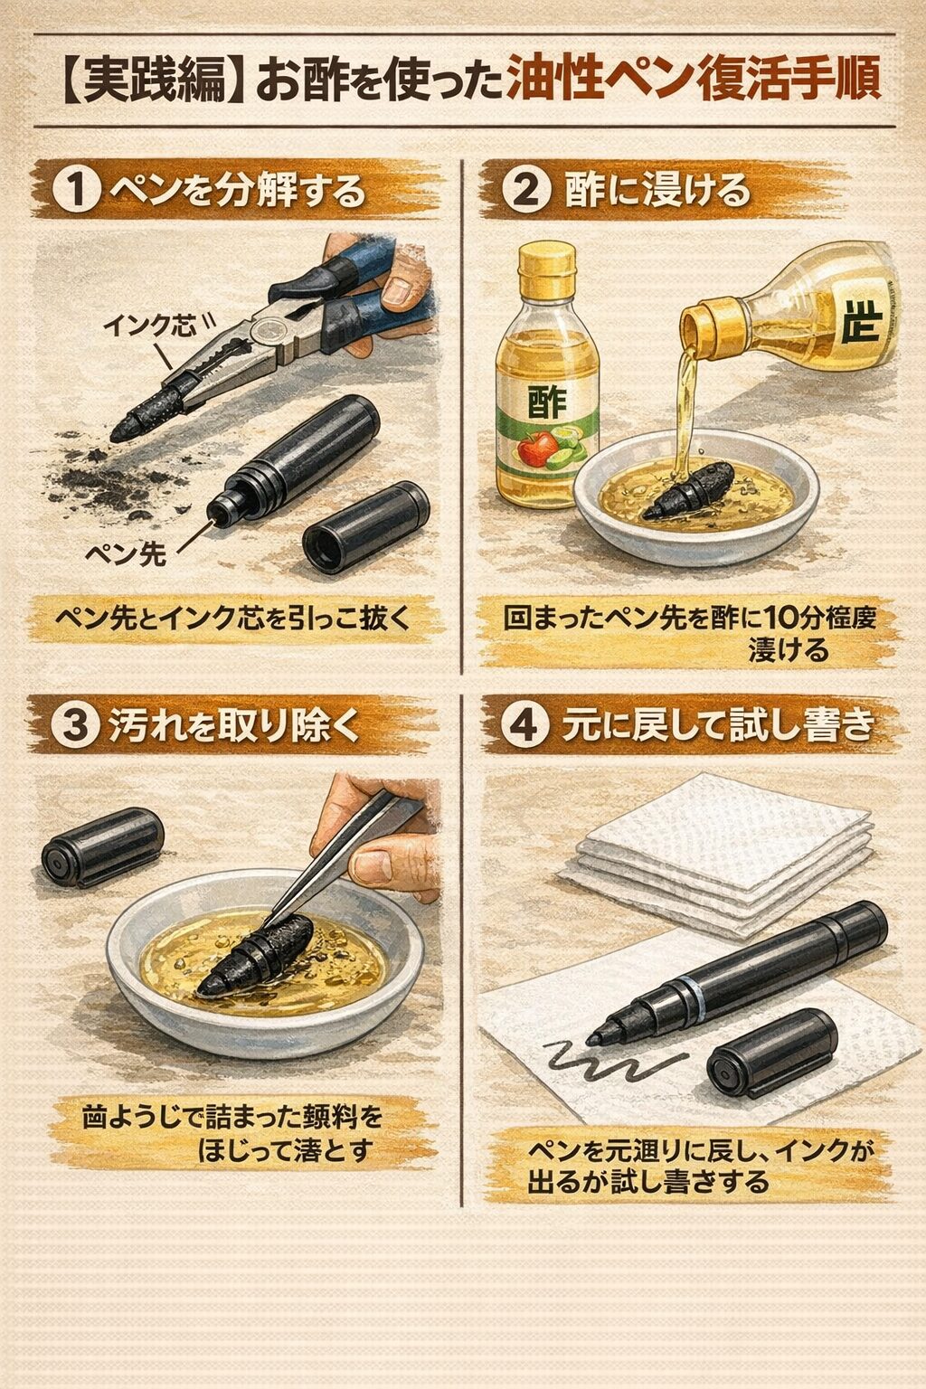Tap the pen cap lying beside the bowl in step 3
[x=102, y=846]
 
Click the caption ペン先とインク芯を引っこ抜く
[x=231, y=619]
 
